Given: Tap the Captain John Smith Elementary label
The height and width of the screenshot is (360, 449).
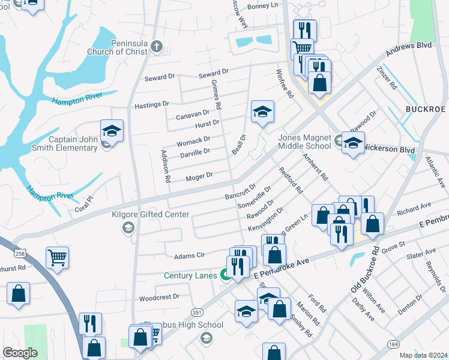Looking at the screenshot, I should tap(73, 144).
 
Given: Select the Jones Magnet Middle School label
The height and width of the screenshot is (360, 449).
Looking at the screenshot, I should tap(304, 142).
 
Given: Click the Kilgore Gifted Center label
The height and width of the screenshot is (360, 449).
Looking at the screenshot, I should tap(151, 214).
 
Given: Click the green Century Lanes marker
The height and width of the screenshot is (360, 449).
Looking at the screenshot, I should tap(226, 276).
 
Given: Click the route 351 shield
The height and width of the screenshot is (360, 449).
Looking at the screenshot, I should tap(196, 312).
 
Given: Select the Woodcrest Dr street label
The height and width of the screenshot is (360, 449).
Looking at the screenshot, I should tap(159, 297).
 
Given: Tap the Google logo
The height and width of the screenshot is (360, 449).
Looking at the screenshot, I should tap(20, 353).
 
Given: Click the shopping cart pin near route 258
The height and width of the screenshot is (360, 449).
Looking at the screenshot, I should tap(58, 257).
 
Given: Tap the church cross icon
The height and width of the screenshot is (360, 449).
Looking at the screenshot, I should tap(156, 46).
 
